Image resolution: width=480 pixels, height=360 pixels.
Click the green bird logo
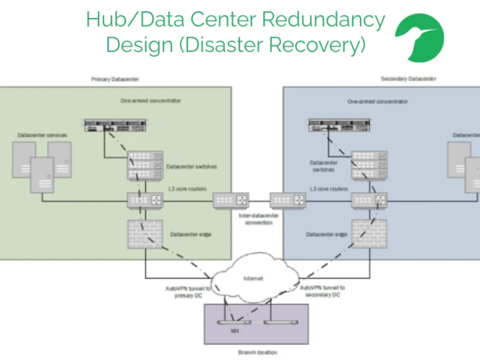coord(419,37)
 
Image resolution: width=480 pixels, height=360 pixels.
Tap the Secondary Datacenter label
coord(408,79)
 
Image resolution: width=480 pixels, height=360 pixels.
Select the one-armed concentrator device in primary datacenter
coord(115,126)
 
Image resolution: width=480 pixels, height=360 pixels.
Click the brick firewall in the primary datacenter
coord(142,234)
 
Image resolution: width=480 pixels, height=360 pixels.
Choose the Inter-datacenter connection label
coord(258,219)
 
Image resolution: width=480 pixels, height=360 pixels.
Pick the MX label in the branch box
coord(235,331)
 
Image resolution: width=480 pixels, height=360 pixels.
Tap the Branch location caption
coord(258,352)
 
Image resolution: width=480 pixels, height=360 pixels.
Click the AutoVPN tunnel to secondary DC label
coord(322,291)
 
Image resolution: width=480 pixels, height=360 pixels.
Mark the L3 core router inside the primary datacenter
coord(145,200)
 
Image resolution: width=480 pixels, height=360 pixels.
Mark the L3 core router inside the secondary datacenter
coord(369,200)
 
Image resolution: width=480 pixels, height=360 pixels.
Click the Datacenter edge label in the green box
coord(191,234)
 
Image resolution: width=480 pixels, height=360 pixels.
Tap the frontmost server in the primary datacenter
coord(42,175)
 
